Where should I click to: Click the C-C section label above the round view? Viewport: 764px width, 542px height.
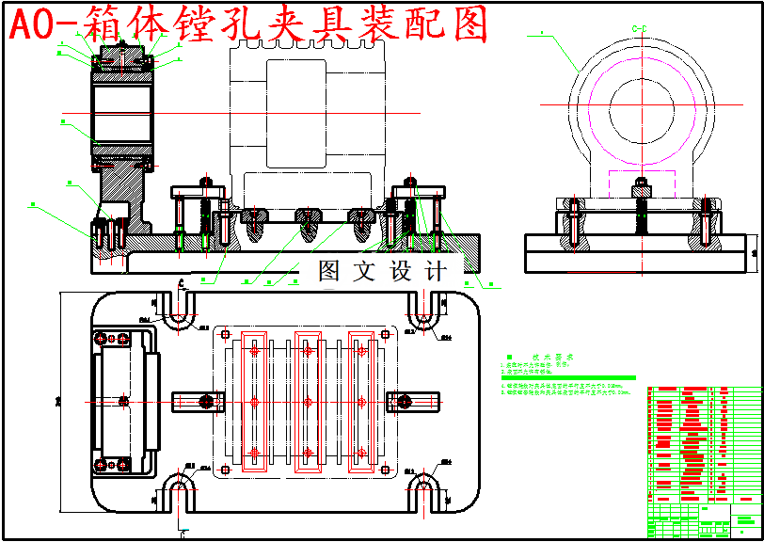pyautogui.click(x=643, y=29)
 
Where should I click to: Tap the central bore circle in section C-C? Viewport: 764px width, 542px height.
pyautogui.click(x=643, y=104)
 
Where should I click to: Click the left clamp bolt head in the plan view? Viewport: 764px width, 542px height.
pyautogui.click(x=205, y=402)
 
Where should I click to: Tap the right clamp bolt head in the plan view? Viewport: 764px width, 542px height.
pyautogui.click(x=405, y=402)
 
